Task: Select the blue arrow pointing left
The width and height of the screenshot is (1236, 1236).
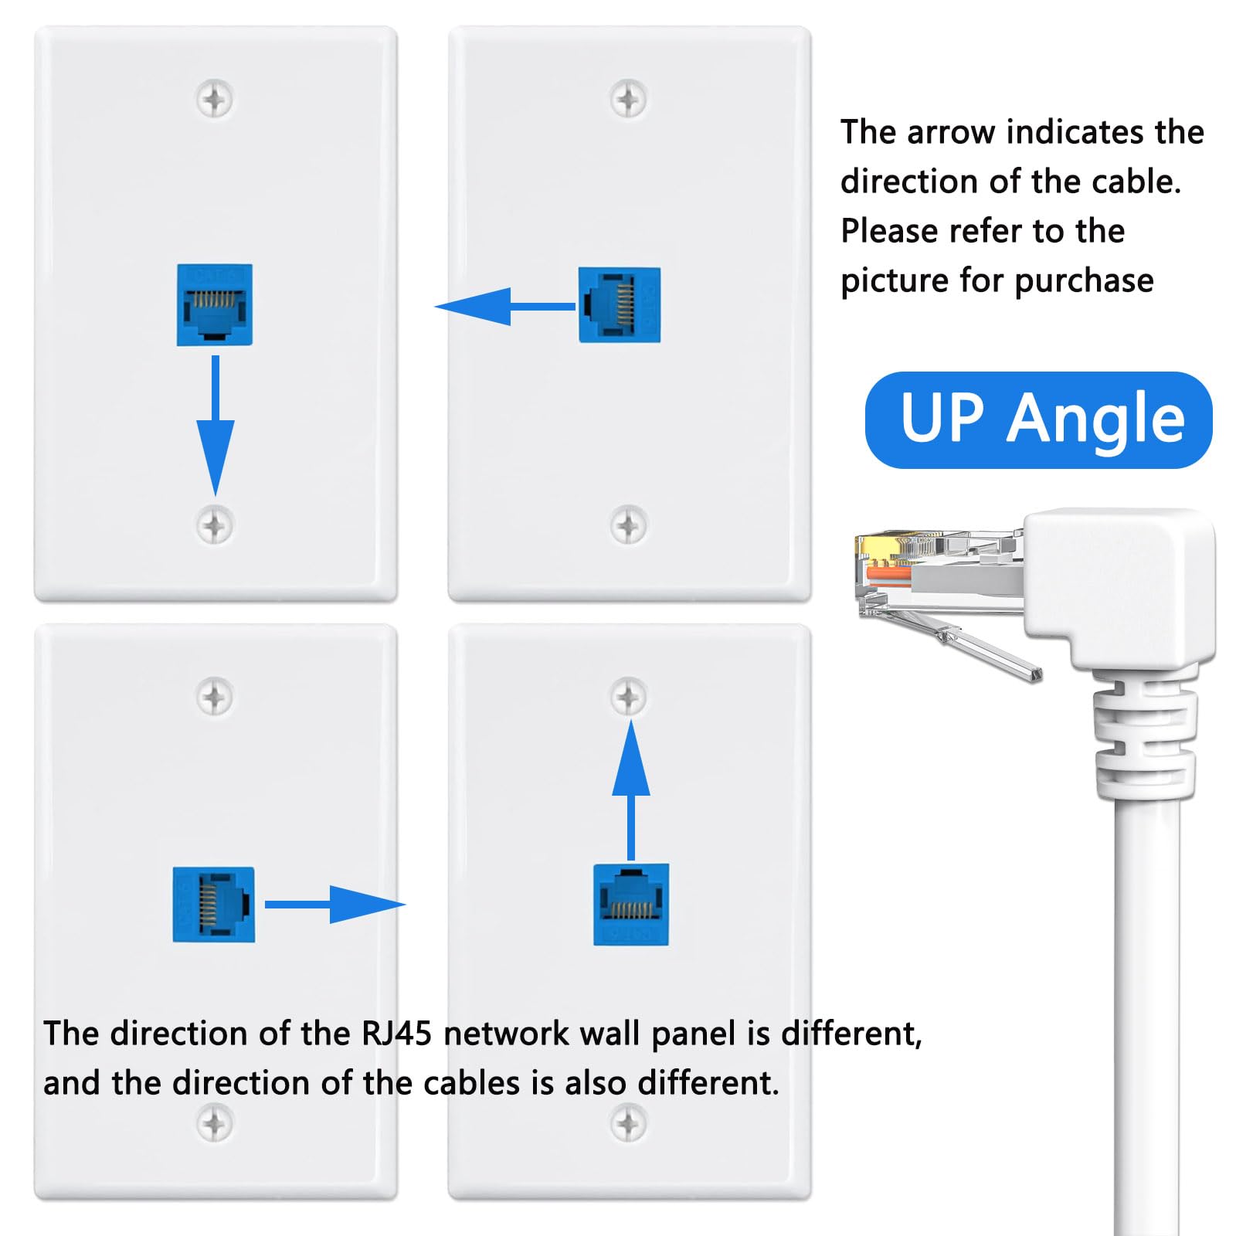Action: [494, 307]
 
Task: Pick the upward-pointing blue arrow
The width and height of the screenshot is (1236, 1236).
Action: [630, 780]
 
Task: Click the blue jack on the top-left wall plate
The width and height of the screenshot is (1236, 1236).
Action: [215, 304]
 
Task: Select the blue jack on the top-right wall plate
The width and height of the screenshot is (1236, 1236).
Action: [619, 305]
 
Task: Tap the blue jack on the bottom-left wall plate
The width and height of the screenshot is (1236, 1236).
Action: [213, 904]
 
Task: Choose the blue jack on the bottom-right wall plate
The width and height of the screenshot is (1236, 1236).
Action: [630, 904]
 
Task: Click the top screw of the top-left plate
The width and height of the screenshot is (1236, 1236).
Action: [215, 99]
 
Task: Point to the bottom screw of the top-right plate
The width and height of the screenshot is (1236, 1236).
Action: [628, 525]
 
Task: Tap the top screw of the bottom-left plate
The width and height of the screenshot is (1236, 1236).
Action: [215, 698]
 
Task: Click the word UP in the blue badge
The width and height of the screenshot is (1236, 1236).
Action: [942, 419]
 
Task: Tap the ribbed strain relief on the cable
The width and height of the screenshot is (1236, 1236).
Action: [1143, 742]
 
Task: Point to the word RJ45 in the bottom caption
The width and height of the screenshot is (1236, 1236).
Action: [396, 1034]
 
